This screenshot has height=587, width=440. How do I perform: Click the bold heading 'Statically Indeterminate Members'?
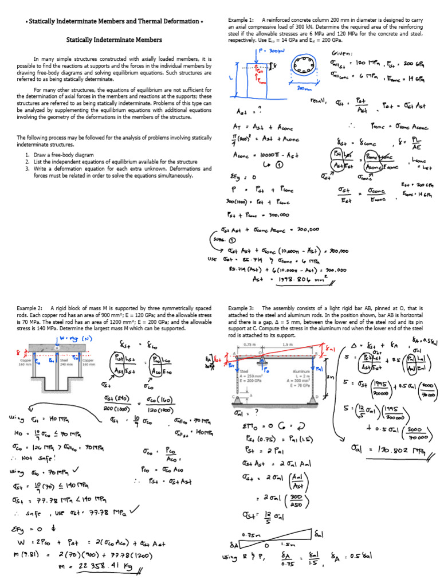click(114, 40)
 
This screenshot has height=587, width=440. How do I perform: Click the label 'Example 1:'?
click(241, 20)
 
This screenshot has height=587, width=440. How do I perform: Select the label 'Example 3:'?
click(241, 308)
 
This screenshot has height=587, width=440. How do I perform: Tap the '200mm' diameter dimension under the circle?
click(305, 89)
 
